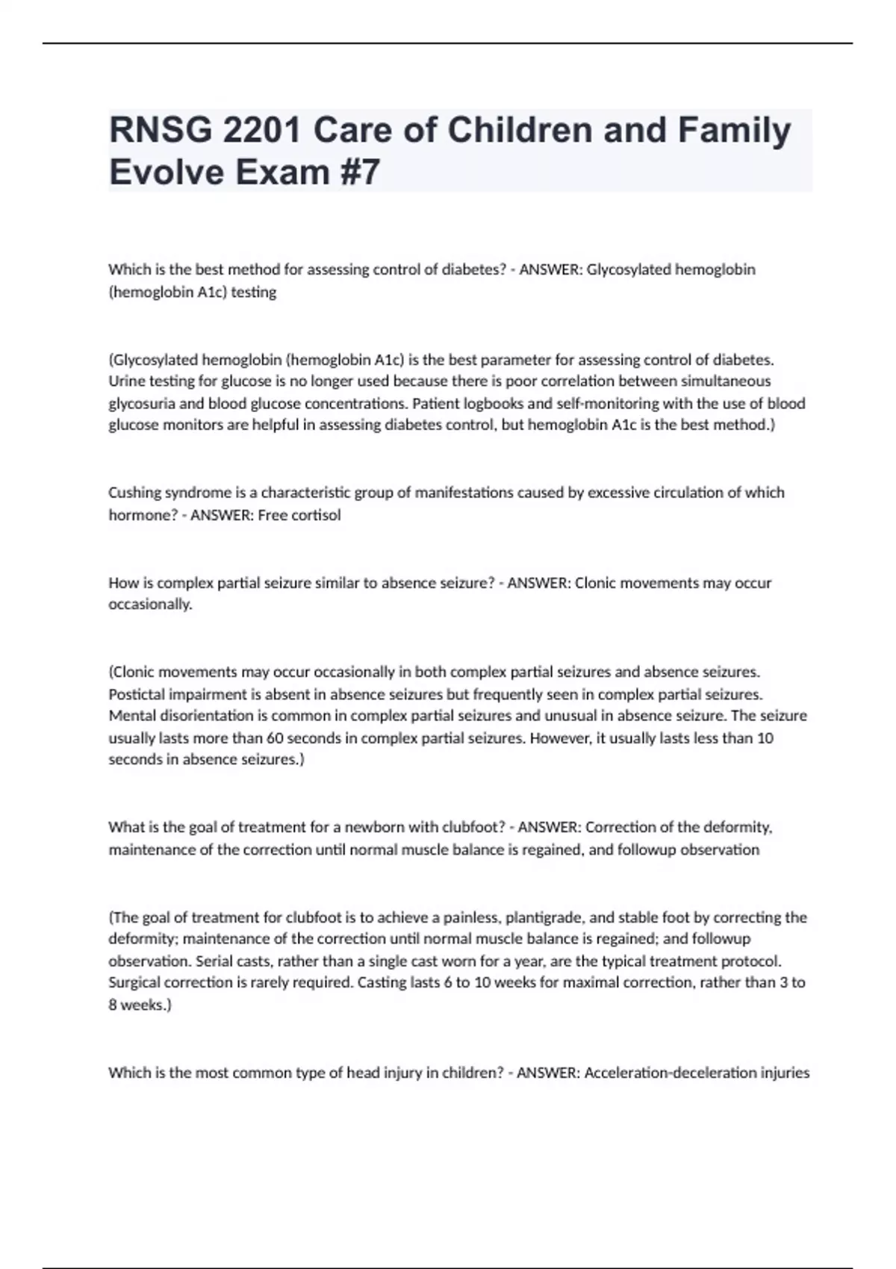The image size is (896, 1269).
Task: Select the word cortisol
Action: tap(316, 515)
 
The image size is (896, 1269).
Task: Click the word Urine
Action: tap(126, 381)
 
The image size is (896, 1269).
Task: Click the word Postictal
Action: tap(137, 694)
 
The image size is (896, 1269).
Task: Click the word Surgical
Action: tap(137, 982)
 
